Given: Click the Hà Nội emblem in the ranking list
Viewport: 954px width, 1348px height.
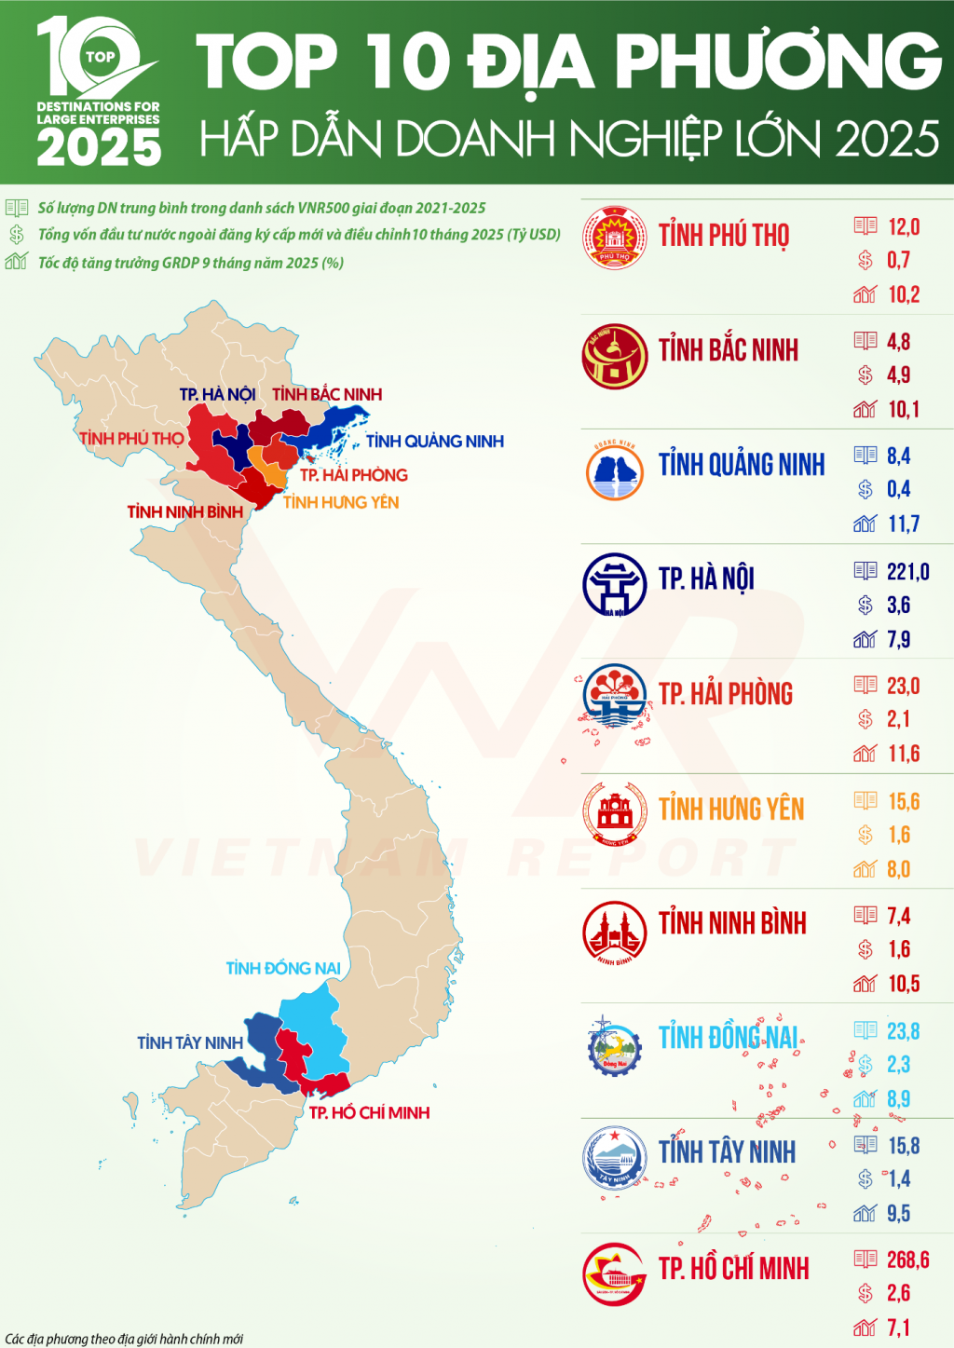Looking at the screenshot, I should (x=614, y=584).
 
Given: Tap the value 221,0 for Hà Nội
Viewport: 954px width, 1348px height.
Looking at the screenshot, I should (x=907, y=571).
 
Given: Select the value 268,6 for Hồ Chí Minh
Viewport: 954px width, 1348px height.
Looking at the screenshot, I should (x=907, y=1259).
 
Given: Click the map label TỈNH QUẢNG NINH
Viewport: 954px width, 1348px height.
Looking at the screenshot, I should (x=434, y=441).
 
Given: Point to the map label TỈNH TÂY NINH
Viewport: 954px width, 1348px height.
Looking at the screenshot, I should (x=190, y=1042).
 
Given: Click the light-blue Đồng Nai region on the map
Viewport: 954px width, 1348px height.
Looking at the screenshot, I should (x=314, y=1020).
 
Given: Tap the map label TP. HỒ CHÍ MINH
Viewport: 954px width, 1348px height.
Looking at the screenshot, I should (x=369, y=1112).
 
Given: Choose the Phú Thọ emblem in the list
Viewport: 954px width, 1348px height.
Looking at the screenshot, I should (x=614, y=238).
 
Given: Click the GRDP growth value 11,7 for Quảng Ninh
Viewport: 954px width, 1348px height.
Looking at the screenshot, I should (x=904, y=524).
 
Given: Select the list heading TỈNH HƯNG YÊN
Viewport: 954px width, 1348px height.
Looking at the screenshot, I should (x=730, y=809).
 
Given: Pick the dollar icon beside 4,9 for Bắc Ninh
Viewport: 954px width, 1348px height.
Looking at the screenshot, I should (x=865, y=374).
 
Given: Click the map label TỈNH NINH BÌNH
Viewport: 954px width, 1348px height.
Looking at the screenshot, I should (x=184, y=511).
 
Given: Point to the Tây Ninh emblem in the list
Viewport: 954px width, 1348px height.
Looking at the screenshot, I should (x=614, y=1158).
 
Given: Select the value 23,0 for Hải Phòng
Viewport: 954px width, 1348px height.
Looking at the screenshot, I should (x=903, y=686).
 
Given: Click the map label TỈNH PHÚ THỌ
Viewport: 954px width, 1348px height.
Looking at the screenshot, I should (x=131, y=438).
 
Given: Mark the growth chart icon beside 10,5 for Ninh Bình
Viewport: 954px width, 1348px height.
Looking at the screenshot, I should (x=865, y=984).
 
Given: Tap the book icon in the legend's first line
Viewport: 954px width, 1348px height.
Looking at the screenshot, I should (x=17, y=208).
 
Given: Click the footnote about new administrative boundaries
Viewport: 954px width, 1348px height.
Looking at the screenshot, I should (x=124, y=1339).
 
